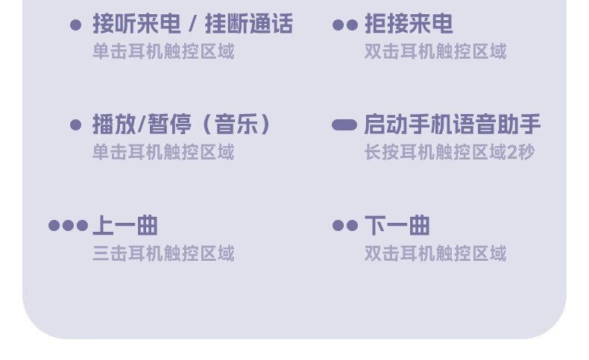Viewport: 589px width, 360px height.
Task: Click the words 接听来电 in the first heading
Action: click(x=136, y=25)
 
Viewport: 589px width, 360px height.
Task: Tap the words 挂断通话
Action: click(x=248, y=25)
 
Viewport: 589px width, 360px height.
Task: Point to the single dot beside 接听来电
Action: click(x=75, y=25)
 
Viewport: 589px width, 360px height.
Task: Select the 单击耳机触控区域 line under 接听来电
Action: click(x=163, y=51)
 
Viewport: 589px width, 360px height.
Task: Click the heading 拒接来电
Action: click(x=409, y=25)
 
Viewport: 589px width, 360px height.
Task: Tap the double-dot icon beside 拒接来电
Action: click(x=344, y=25)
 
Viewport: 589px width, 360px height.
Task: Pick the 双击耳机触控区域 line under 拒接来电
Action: click(x=435, y=51)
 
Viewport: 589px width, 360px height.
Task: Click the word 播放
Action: click(x=113, y=124)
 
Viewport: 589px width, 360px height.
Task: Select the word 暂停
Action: click(x=170, y=124)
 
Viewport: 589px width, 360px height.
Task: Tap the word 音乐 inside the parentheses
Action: click(x=236, y=124)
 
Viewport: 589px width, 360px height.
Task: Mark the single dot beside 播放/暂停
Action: click(x=75, y=125)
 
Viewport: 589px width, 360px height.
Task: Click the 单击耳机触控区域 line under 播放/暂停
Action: click(x=163, y=152)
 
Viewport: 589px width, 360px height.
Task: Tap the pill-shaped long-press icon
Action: click(x=344, y=125)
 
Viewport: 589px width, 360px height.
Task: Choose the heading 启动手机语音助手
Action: click(x=452, y=124)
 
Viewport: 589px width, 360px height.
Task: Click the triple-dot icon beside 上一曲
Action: click(x=68, y=226)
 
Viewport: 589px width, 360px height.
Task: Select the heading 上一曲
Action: click(x=125, y=225)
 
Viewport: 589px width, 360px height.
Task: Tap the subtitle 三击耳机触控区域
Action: click(x=163, y=253)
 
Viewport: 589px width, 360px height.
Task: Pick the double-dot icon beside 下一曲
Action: click(x=344, y=226)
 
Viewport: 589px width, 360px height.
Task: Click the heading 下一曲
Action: click(x=397, y=225)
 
